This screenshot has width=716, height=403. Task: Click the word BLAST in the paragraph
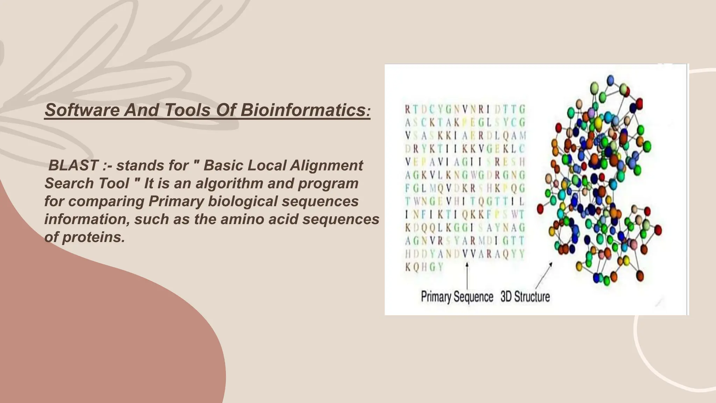73,165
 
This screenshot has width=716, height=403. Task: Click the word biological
242,201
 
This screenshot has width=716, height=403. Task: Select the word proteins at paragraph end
93,237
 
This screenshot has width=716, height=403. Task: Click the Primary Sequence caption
457,297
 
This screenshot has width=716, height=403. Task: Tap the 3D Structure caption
525,297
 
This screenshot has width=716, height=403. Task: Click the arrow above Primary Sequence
467,276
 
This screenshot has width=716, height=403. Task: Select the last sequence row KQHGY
424,267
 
